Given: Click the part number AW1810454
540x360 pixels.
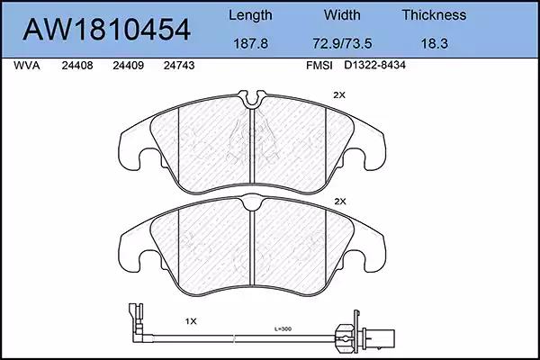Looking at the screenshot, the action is coord(106,30).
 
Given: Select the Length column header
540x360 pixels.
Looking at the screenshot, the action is coord(250,15).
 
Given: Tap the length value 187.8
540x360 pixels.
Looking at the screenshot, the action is coord(250,43).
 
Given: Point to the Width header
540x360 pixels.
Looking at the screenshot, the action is coord(342,14).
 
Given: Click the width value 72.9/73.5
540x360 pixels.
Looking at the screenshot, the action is coord(342,43).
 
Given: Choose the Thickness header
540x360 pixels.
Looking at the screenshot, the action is coord(434,14).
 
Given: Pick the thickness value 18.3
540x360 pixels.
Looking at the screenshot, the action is coord(435,43).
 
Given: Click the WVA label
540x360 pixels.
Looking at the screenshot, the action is coord(26,66).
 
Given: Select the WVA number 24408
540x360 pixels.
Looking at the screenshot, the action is coord(77,66).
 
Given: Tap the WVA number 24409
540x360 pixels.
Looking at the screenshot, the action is coord(128,66).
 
